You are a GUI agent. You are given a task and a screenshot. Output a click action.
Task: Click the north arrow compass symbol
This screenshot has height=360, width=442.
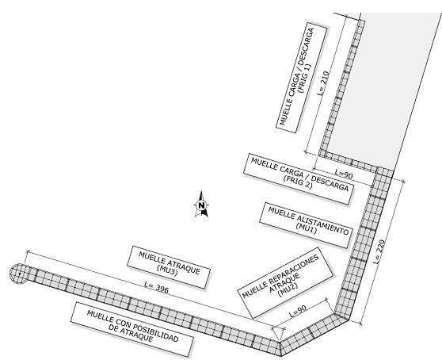(x=201, y=205)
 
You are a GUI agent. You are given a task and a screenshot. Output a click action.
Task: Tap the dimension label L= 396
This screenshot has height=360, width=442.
(x=157, y=288)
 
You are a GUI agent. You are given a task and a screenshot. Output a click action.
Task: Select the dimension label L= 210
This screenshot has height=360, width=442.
(x=323, y=83)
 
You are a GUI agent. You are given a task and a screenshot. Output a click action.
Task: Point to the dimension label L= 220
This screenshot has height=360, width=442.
(x=379, y=251)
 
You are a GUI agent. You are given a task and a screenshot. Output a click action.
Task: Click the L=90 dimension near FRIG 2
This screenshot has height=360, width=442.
(x=344, y=173)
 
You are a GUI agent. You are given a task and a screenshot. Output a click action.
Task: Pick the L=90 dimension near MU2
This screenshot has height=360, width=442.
(x=298, y=311)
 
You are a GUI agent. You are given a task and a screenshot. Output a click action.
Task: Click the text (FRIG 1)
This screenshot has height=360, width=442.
(x=305, y=79)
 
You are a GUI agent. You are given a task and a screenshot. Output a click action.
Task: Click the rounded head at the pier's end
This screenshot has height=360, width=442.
(x=19, y=274)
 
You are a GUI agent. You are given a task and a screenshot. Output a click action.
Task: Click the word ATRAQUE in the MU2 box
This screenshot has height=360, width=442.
(x=284, y=283)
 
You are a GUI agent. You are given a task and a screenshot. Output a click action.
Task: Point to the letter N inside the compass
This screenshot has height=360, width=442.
(x=201, y=205)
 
